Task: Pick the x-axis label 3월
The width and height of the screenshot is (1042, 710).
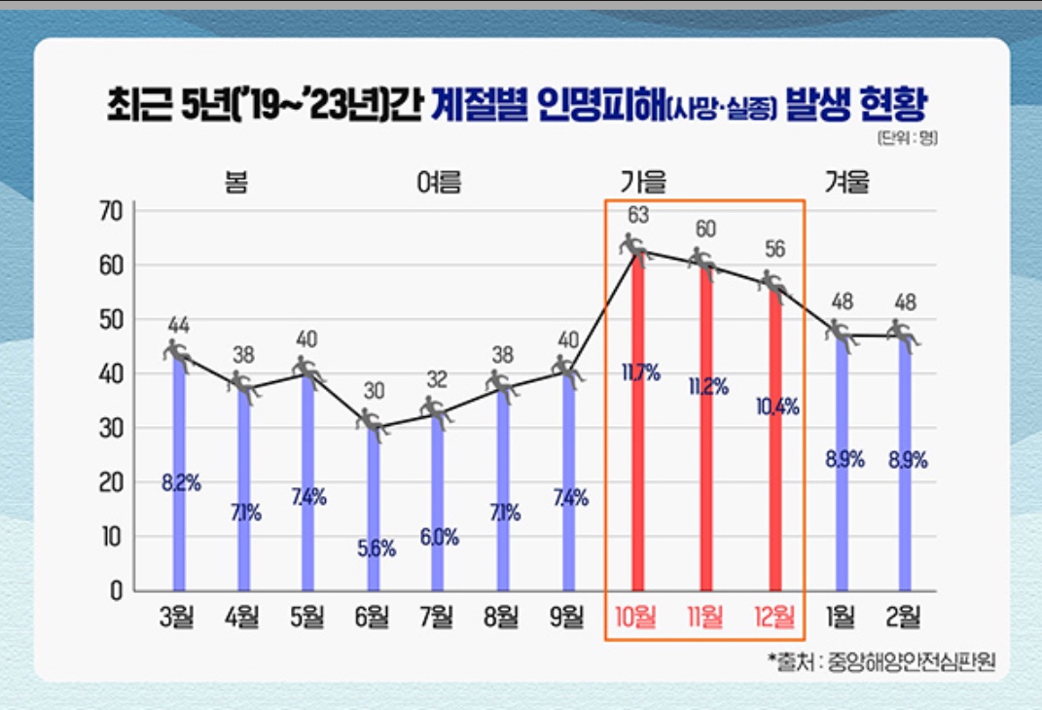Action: tap(179, 617)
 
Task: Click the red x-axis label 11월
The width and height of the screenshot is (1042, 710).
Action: tap(704, 617)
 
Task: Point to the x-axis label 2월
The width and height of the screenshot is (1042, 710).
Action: tap(907, 617)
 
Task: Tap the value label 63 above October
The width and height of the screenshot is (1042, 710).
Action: tap(638, 214)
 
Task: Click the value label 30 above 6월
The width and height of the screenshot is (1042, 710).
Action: tap(374, 391)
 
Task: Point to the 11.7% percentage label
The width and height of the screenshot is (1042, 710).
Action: tap(640, 372)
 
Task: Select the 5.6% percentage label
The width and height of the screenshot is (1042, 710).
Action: tap(375, 549)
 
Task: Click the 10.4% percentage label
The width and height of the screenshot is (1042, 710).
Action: tap(776, 408)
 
